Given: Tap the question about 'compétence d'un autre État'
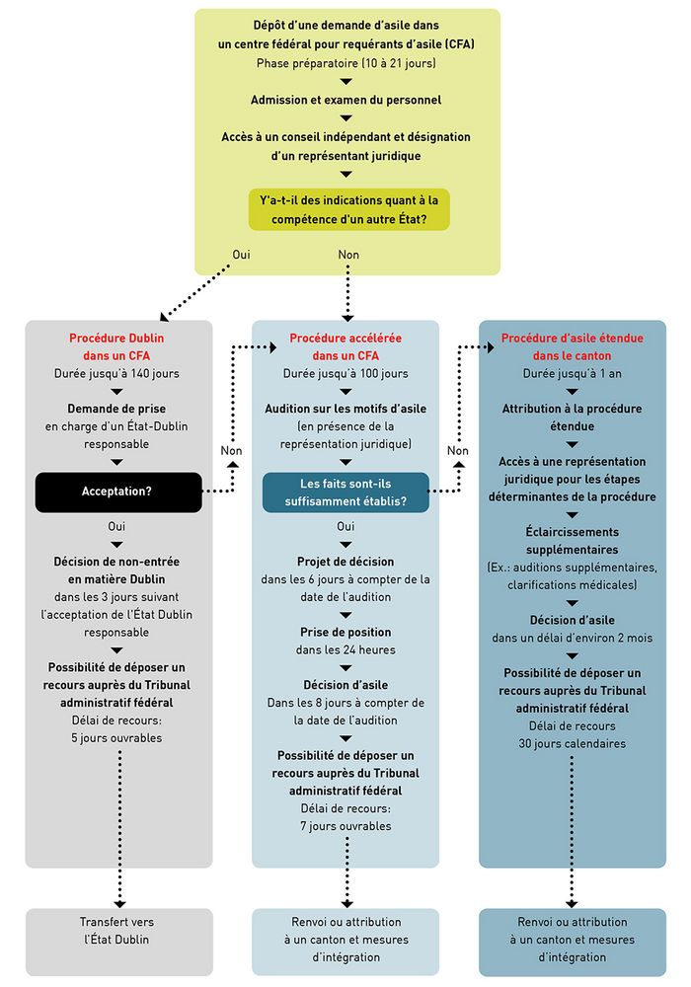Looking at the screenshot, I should click(348, 209).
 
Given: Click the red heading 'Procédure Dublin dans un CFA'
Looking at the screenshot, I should click(117, 346).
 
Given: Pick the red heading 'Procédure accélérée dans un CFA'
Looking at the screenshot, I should click(345, 346).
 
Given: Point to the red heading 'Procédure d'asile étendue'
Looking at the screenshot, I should click(572, 346).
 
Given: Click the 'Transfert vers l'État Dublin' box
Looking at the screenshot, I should click(118, 931).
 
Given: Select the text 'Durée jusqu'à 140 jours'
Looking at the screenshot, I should click(117, 374).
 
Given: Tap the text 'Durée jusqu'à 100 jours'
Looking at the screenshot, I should click(345, 374).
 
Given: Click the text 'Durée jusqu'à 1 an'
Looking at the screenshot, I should click(572, 374).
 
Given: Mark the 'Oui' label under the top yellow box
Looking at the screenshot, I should click(241, 255).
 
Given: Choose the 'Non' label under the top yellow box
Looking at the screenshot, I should click(348, 255).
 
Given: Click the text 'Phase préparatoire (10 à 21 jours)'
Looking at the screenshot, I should click(346, 63).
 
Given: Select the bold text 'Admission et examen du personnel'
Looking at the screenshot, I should click(346, 100).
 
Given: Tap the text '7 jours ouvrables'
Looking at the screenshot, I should click(345, 825).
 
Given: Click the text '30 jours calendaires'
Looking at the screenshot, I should click(572, 743).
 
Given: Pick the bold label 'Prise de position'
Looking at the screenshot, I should click(345, 632).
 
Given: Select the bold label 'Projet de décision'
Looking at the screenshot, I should click(345, 562).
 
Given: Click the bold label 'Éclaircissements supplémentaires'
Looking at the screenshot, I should click(572, 540).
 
